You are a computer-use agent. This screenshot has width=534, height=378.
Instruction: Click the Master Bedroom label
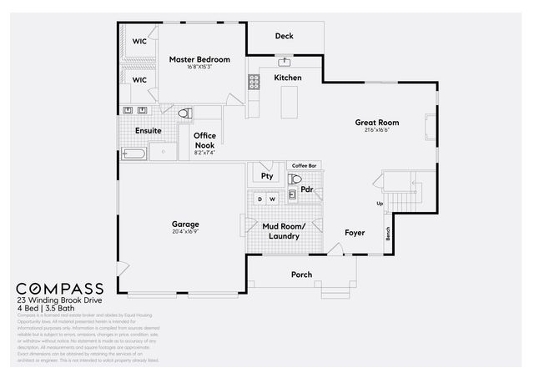click(199, 59)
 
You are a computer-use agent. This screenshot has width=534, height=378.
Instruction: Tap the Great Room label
click(376, 122)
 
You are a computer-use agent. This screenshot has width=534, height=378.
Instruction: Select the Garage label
click(185, 224)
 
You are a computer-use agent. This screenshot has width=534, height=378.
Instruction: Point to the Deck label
click(285, 36)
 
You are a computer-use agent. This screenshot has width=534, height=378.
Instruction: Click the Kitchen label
click(288, 78)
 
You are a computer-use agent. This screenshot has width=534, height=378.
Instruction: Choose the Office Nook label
click(204, 139)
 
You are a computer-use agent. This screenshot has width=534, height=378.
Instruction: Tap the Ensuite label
click(148, 130)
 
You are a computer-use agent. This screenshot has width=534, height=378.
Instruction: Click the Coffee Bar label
click(304, 165)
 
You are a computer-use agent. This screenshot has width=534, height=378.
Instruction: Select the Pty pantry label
click(267, 176)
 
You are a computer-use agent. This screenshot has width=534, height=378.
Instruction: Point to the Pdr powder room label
click(307, 189)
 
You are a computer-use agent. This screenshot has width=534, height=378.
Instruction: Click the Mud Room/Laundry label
click(284, 231)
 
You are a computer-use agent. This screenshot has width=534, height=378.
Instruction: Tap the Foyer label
click(355, 233)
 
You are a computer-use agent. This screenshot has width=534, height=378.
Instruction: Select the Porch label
click(301, 275)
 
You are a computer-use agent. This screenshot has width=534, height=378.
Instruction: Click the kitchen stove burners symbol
click(253, 81)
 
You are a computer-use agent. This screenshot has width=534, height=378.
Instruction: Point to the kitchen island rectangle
click(290, 102)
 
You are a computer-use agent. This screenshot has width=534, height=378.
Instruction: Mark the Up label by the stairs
click(380, 204)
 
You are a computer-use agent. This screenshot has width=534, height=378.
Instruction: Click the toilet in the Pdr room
click(295, 179)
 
